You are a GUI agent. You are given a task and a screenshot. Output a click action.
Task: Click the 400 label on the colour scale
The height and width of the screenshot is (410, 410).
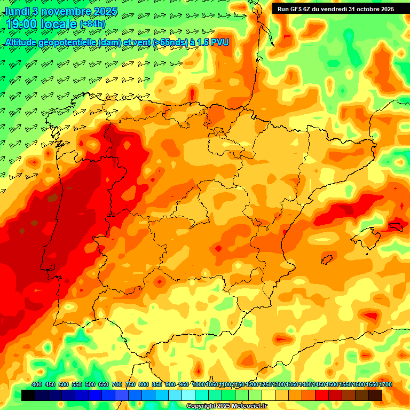coord(37,384)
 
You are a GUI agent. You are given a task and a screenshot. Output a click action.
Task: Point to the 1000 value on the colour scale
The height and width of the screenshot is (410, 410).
coord(199,384)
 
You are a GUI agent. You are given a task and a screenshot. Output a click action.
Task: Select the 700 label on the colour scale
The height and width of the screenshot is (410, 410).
coord(117,384)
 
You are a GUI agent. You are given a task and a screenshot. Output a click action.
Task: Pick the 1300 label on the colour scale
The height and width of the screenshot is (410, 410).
coord(279,384)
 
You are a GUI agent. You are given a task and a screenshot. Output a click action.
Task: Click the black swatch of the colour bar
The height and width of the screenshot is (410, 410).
coord(28,395)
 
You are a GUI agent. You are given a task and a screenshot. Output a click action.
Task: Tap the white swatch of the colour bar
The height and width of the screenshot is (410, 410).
coord(188,395)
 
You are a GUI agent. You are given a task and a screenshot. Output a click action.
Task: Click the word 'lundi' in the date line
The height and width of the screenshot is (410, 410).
coord(17,11)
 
